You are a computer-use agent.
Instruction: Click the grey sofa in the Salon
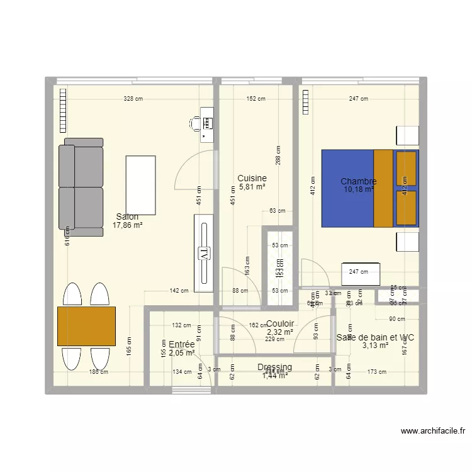[81, 186]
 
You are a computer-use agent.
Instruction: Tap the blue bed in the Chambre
[347, 188]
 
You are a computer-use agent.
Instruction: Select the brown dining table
[86, 325]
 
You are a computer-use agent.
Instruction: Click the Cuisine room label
[252, 178]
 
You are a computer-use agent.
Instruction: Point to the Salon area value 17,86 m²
[127, 225]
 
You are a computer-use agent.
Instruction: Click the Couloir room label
[280, 323]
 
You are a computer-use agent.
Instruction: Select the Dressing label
[274, 367]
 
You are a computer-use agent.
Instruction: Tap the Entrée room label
[182, 344]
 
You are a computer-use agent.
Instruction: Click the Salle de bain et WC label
[375, 337]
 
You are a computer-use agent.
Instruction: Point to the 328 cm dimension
[133, 99]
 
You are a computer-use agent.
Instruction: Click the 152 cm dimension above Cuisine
[256, 99]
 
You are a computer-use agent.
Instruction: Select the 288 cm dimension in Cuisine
[278, 155]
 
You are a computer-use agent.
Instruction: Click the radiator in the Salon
[62, 111]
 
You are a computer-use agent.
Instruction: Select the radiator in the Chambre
[306, 103]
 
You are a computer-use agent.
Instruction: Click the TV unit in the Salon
[205, 252]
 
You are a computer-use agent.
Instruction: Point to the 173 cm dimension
[377, 372]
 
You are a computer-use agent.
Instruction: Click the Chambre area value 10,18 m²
[359, 189]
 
